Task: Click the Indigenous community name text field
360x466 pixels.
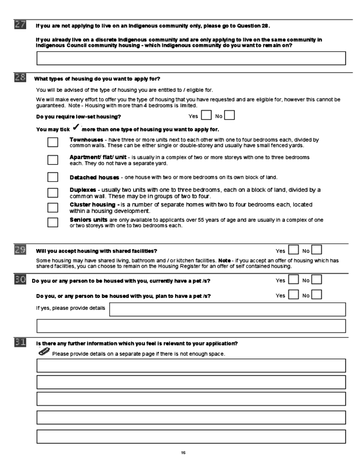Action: coord(191,58)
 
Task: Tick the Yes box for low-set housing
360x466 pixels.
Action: coord(206,117)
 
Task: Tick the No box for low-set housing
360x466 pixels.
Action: coord(229,117)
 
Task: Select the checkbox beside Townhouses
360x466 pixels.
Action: coord(53,142)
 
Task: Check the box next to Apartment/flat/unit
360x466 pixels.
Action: coord(53,160)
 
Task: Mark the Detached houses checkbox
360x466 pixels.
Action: coord(53,176)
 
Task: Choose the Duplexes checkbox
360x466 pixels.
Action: coord(53,192)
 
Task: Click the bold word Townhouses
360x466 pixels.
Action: coord(87,140)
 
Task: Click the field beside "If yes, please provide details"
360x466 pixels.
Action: coord(227,309)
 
